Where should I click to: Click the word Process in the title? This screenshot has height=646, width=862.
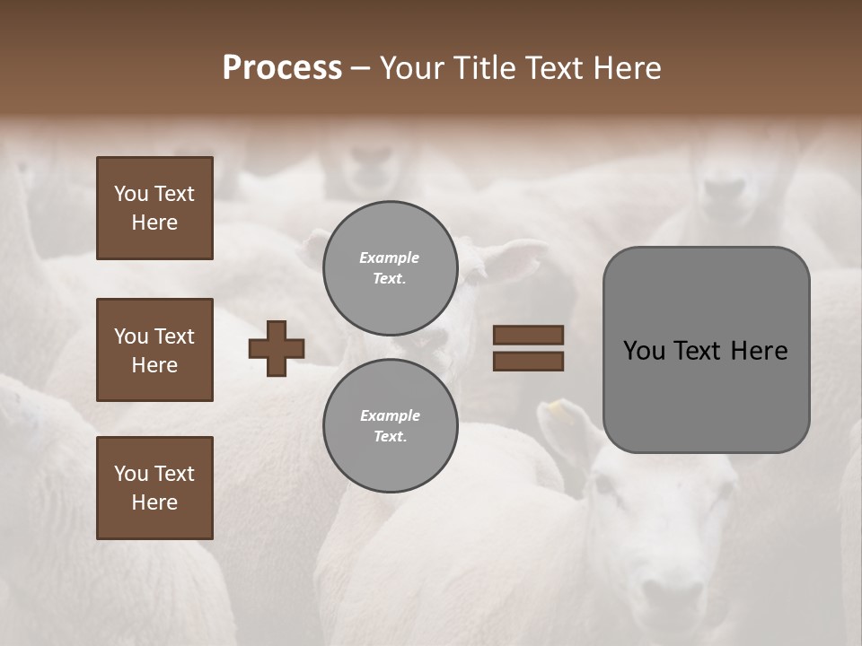(x=282, y=68)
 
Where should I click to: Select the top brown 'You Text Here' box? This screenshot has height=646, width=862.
(x=154, y=208)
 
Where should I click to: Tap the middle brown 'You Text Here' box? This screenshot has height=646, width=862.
(x=154, y=350)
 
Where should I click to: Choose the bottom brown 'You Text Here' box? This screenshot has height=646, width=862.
(x=154, y=488)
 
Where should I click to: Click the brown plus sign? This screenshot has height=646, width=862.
(x=277, y=348)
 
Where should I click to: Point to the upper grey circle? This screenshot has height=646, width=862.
(x=390, y=268)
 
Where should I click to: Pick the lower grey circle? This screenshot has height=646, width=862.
(x=390, y=426)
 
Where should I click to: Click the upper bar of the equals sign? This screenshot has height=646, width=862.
(x=528, y=335)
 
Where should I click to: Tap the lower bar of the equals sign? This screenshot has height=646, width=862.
(x=528, y=362)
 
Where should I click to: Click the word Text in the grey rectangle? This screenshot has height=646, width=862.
(x=699, y=351)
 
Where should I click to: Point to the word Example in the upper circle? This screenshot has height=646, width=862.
(x=389, y=258)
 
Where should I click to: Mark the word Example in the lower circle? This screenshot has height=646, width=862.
(x=390, y=415)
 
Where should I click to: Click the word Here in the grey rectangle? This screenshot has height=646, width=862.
(x=759, y=351)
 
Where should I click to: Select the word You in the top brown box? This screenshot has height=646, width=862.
(x=130, y=194)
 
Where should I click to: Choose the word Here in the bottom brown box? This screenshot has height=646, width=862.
(x=154, y=502)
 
